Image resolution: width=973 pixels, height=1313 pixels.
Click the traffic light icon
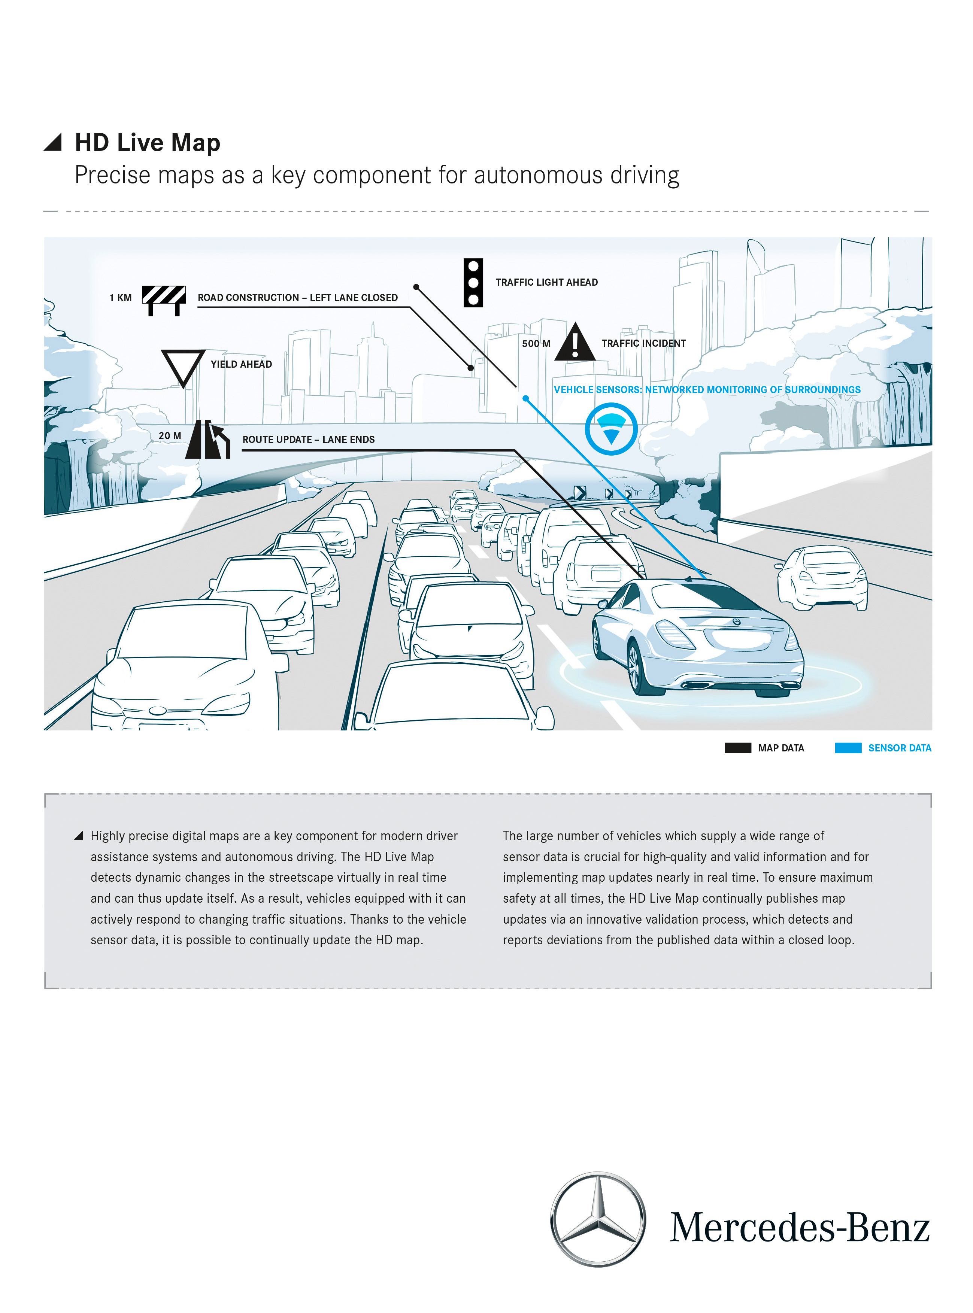coord(473,283)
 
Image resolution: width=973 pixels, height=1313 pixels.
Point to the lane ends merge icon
coord(207,439)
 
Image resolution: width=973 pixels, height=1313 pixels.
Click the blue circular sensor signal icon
coord(611,429)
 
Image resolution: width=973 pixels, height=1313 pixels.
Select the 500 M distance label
coord(536,344)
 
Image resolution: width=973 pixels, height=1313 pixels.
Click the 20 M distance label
coord(170,436)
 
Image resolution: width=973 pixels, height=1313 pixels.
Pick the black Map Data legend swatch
coord(737,748)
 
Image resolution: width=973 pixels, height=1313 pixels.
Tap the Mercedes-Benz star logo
coord(598,1219)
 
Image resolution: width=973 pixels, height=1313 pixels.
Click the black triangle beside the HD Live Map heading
coord(54,143)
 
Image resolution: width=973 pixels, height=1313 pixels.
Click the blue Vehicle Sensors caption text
coord(706,390)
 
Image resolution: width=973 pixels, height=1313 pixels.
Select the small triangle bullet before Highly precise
coord(78,836)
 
